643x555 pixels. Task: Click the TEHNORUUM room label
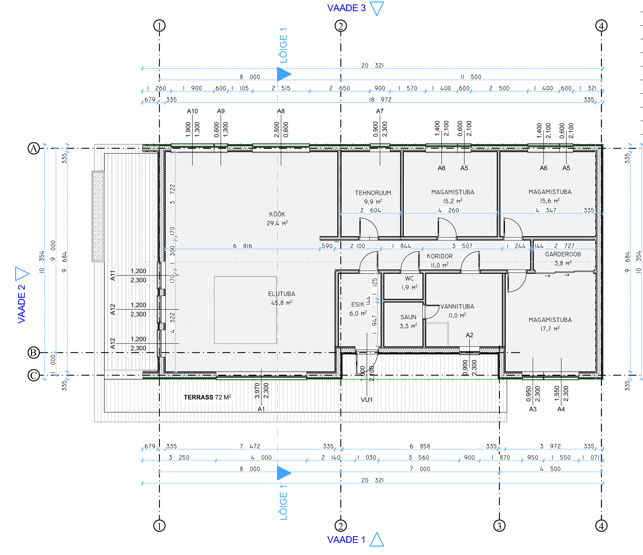tap(373, 193)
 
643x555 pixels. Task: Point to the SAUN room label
tap(408, 317)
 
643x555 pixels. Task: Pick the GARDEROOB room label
tap(563, 254)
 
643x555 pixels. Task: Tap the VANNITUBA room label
tap(457, 307)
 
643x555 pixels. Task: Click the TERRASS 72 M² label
tap(207, 397)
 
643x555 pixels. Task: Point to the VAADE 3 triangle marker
tap(377, 8)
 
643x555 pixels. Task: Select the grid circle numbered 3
tap(499, 526)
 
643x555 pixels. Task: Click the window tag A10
tap(192, 111)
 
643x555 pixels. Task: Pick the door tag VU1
tap(367, 400)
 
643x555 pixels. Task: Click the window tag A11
tap(113, 275)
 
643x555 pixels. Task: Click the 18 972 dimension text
tap(380, 100)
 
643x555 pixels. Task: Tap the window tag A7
tap(380, 111)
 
